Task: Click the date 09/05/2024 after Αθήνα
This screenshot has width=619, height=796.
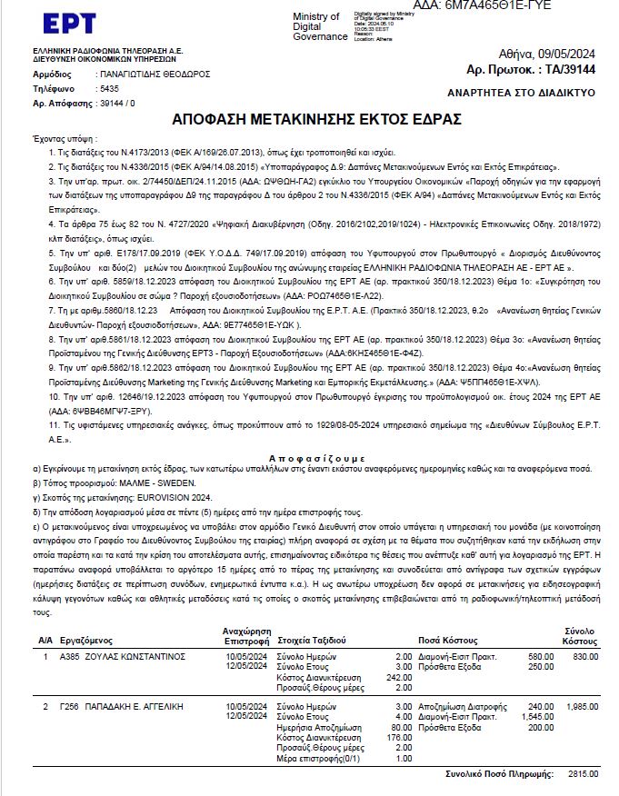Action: [565, 54]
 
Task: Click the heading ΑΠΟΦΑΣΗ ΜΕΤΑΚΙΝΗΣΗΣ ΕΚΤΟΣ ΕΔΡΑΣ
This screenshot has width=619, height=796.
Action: [316, 120]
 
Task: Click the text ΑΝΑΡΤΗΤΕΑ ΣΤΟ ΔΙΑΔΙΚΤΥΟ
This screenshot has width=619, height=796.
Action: [522, 93]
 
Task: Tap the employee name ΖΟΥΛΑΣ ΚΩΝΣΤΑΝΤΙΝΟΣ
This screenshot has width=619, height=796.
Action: [124, 656]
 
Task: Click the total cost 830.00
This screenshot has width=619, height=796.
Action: [585, 656]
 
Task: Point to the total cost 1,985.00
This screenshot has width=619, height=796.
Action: [583, 706]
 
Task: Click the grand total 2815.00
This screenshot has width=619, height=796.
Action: [584, 774]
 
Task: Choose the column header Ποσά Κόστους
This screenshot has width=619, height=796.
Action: [448, 640]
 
